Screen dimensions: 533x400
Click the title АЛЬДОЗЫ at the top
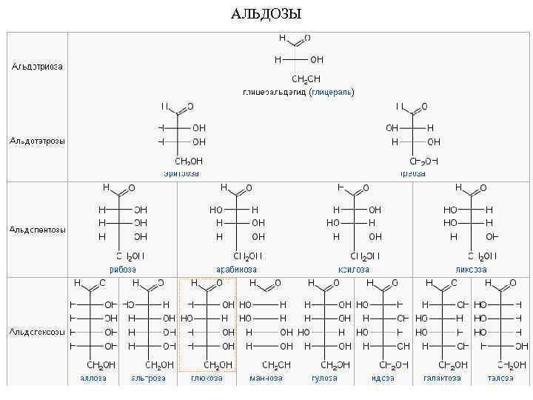[266, 14]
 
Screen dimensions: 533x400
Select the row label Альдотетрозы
[37, 141]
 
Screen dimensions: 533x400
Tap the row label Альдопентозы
[37, 230]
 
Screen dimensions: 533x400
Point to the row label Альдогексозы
[37, 331]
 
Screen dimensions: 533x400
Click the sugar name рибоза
[123, 270]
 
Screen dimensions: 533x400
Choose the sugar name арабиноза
[236, 270]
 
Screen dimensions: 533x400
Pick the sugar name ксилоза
[354, 270]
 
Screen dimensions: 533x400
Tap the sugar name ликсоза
[471, 270]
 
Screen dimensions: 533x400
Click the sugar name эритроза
[181, 173]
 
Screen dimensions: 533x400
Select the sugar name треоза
[413, 173]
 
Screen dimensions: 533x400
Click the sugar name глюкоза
[207, 378]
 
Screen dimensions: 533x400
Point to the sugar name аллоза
[93, 378]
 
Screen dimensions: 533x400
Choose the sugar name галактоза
[442, 378]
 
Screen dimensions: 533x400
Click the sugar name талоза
[501, 378]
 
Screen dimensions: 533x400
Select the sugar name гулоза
[324, 378]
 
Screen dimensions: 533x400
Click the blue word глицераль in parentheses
[332, 93]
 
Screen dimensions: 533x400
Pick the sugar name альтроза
[148, 378]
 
